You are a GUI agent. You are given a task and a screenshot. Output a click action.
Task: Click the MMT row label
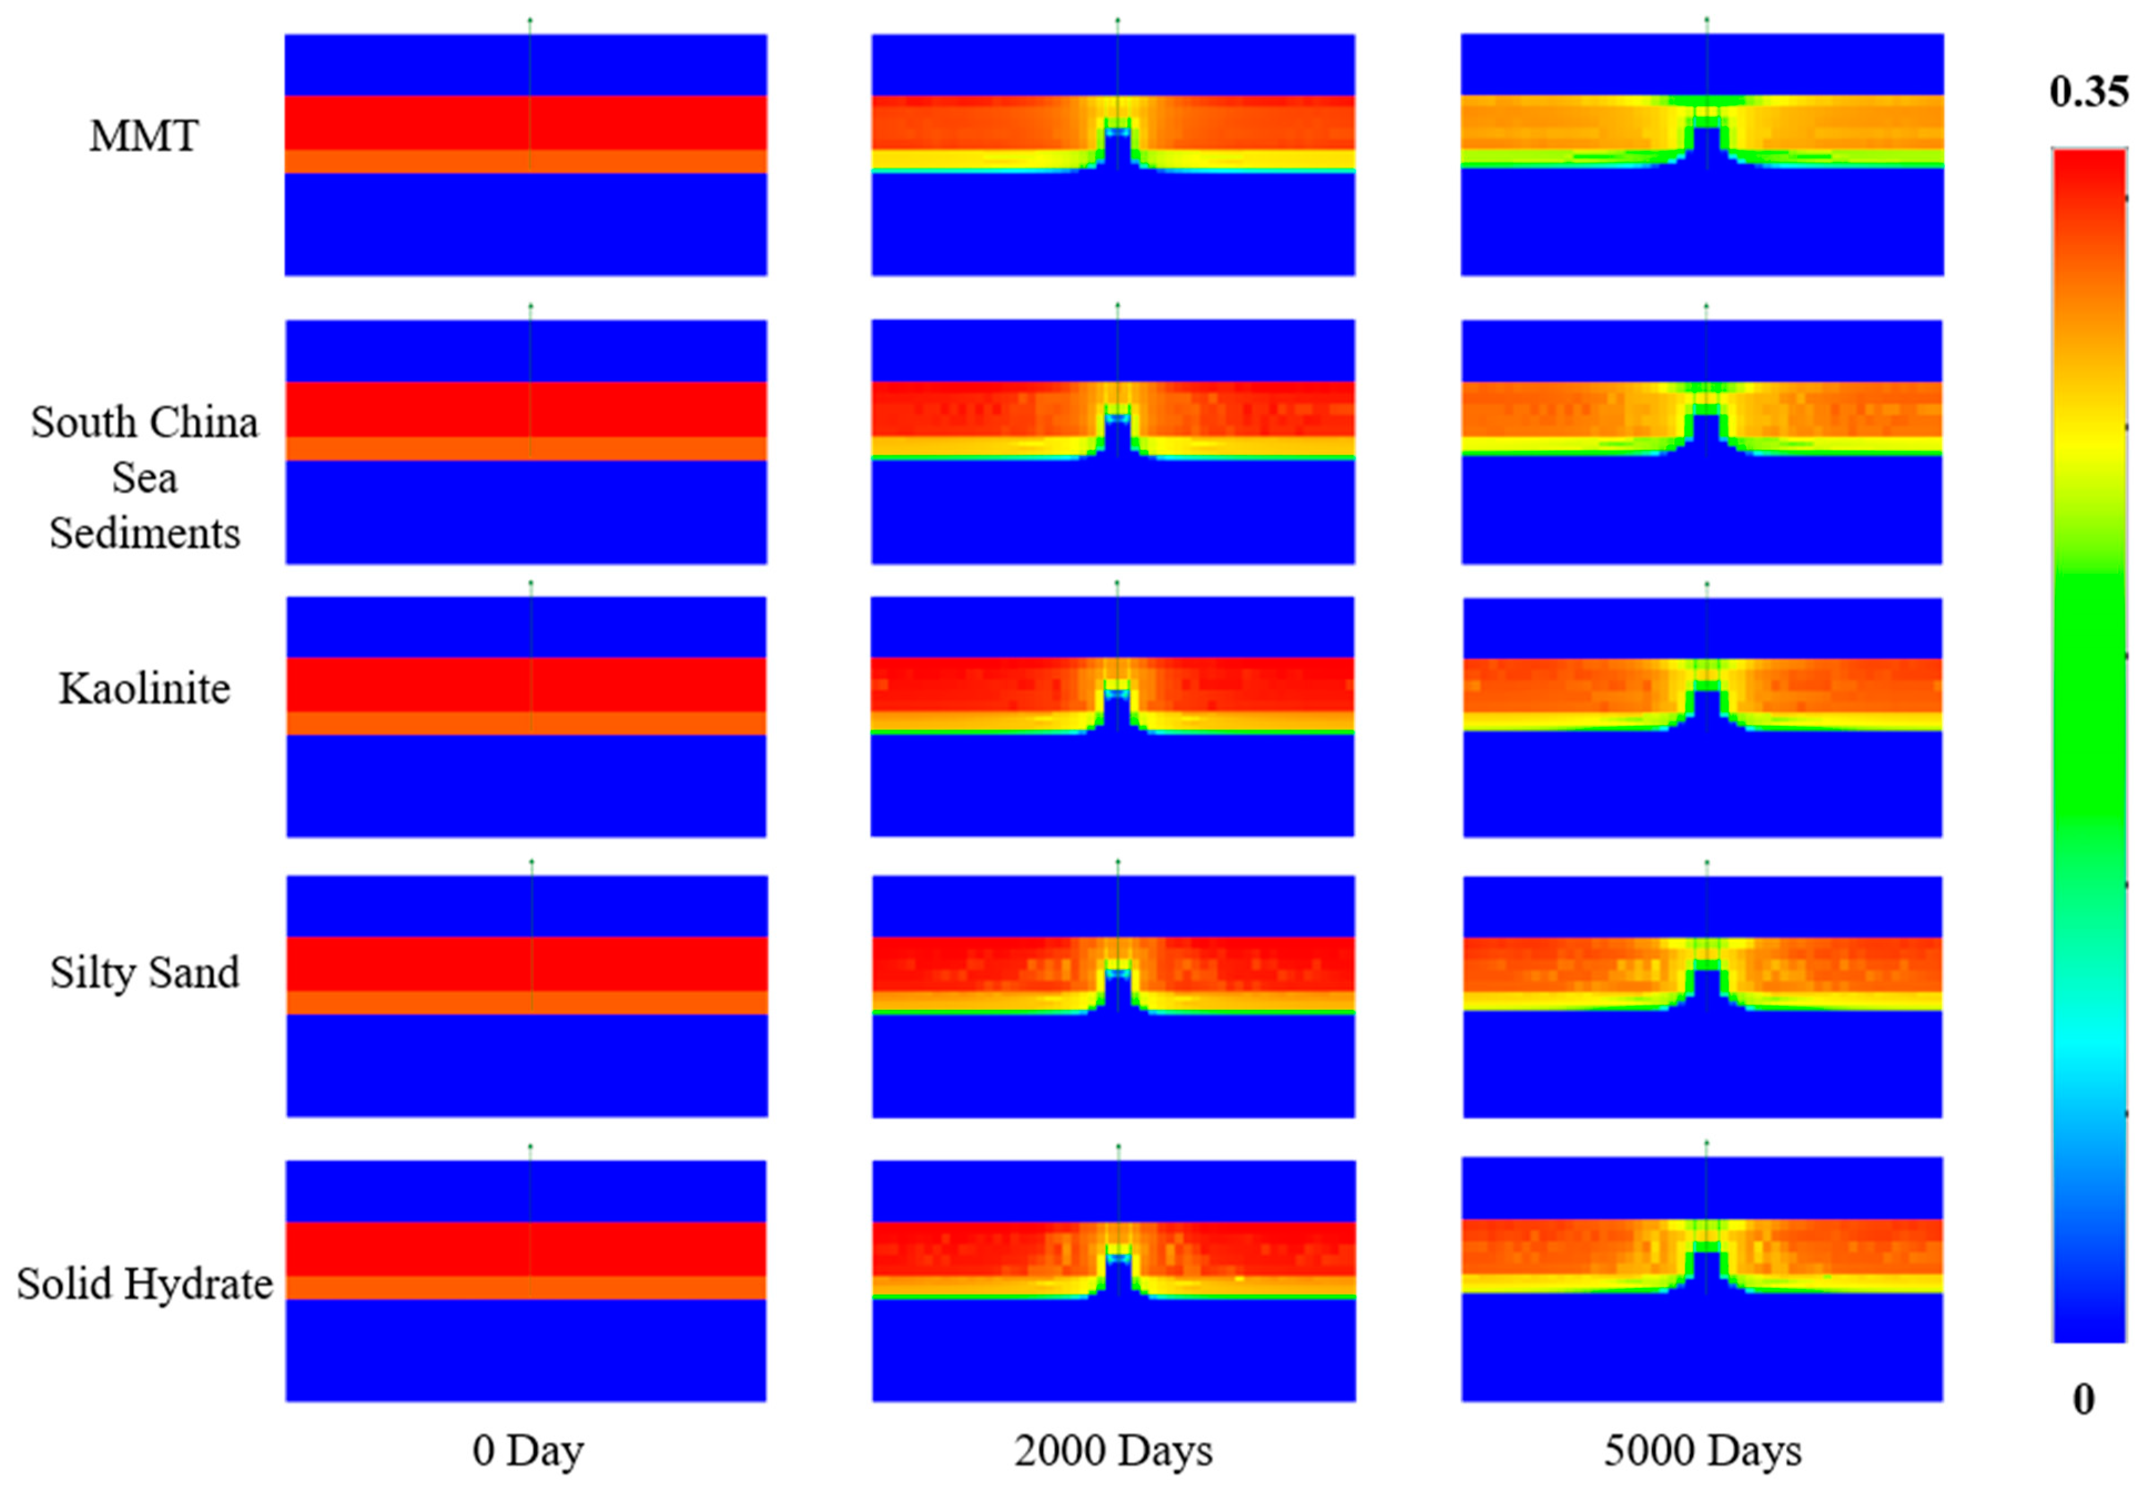(144, 137)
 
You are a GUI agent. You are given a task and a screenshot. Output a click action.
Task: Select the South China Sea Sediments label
(145, 478)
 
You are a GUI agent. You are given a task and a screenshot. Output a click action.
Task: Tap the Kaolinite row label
(145, 689)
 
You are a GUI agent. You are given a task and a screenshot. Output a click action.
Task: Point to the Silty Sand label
(145, 973)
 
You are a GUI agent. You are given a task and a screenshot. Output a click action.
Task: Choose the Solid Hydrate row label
(145, 1284)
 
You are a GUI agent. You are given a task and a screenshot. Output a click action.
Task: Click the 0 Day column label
(528, 1451)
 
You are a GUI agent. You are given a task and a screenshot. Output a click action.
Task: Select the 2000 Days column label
(1113, 1451)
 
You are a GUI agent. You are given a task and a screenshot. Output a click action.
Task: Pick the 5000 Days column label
(1703, 1451)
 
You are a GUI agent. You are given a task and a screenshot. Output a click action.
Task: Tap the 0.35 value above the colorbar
(2088, 93)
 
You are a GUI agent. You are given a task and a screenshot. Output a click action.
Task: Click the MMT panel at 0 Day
(526, 155)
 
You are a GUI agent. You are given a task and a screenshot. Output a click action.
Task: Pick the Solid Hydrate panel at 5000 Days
(1702, 1279)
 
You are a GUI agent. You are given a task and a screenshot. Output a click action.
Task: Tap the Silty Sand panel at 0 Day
(527, 996)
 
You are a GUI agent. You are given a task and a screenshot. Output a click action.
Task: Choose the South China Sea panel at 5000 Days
(1702, 442)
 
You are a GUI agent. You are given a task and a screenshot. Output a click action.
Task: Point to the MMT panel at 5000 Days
(1702, 155)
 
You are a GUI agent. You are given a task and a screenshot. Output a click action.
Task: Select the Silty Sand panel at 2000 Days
(1113, 996)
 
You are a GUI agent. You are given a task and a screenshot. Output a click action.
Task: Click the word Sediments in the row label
(145, 534)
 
